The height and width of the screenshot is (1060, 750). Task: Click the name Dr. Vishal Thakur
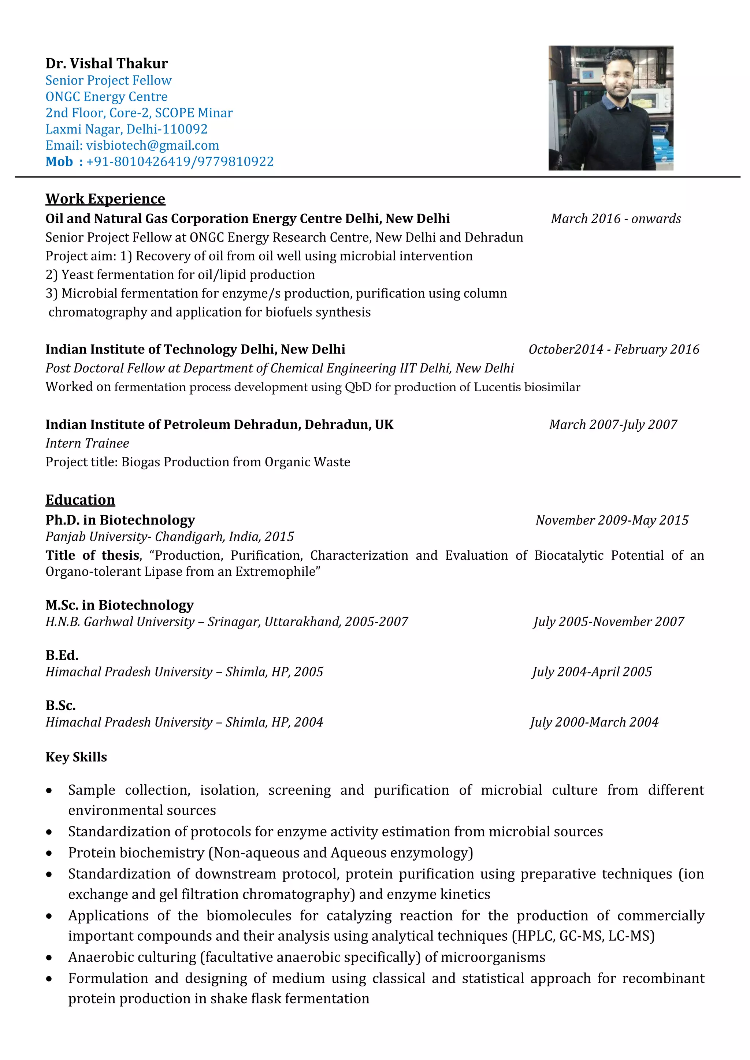pos(106,63)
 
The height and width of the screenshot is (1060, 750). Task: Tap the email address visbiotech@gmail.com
pos(152,145)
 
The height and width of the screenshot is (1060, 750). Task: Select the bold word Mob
pos(59,161)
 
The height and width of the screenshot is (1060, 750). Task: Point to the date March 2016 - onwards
pos(616,219)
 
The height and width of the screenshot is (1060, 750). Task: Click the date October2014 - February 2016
pos(614,350)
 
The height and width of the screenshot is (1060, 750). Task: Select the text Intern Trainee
pos(87,443)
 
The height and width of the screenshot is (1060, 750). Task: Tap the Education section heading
pos(80,500)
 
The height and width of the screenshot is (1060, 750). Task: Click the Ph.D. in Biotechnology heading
pos(120,520)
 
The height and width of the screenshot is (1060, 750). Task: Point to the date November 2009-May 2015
pos(612,520)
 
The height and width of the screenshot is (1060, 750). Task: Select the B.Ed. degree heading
pos(62,656)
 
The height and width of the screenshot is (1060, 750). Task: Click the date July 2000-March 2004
pos(594,722)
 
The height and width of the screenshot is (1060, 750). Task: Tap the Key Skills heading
pos(76,757)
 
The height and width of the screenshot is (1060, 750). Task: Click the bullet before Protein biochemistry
pos(49,854)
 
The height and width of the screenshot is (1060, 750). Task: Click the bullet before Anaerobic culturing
pos(49,958)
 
